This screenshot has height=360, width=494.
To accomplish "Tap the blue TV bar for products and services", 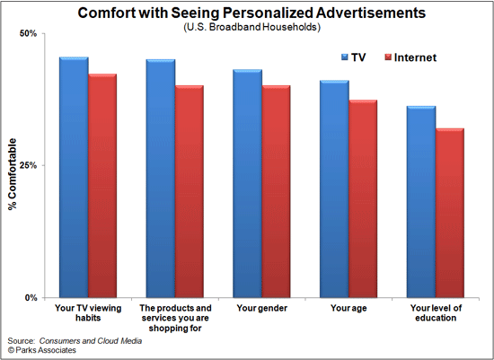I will (x=161, y=179).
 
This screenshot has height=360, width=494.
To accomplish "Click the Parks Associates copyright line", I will (x=44, y=350).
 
